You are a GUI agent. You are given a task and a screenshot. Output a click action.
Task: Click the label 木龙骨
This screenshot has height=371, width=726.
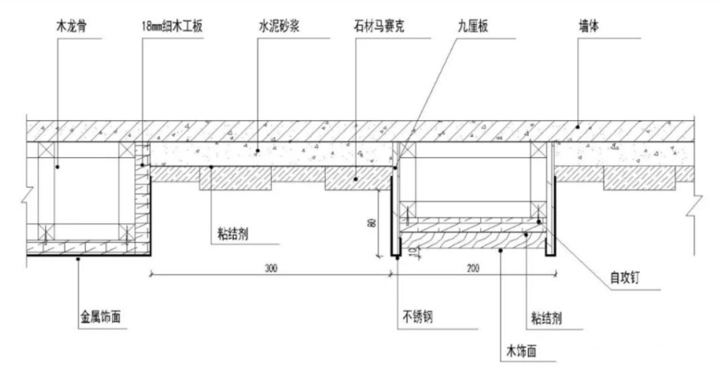(x=71, y=27)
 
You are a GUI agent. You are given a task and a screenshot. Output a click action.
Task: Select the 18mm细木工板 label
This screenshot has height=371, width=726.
(x=173, y=27)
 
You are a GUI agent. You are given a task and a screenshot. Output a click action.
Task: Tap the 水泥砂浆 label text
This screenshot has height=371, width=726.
(x=279, y=26)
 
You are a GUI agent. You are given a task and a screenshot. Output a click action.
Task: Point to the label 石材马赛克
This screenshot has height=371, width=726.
(x=378, y=27)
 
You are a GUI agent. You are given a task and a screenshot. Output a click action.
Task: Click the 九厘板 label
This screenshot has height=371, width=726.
(x=472, y=27)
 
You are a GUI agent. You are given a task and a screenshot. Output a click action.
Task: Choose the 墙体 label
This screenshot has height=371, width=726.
(x=589, y=26)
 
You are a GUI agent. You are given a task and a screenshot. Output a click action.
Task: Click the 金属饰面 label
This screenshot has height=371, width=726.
(x=101, y=317)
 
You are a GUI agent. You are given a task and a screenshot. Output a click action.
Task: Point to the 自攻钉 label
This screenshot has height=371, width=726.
(x=624, y=278)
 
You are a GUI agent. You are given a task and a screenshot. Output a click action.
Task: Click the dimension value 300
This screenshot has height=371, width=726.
(x=271, y=269)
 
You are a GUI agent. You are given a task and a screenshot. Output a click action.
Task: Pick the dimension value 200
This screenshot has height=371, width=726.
(x=474, y=269)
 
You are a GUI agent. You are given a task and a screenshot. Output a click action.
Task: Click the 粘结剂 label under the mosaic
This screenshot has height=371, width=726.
(x=233, y=235)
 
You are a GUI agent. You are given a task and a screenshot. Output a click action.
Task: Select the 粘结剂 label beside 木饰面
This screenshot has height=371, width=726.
(x=546, y=318)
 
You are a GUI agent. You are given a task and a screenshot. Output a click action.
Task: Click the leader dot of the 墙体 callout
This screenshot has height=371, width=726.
(x=578, y=127)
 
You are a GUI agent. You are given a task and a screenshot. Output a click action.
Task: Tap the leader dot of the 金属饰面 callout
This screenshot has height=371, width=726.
(x=77, y=259)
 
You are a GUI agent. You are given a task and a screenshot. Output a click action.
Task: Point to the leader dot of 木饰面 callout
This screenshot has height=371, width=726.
(x=500, y=251)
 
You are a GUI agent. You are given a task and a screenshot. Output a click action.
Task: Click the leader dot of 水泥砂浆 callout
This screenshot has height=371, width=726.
(x=258, y=151)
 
